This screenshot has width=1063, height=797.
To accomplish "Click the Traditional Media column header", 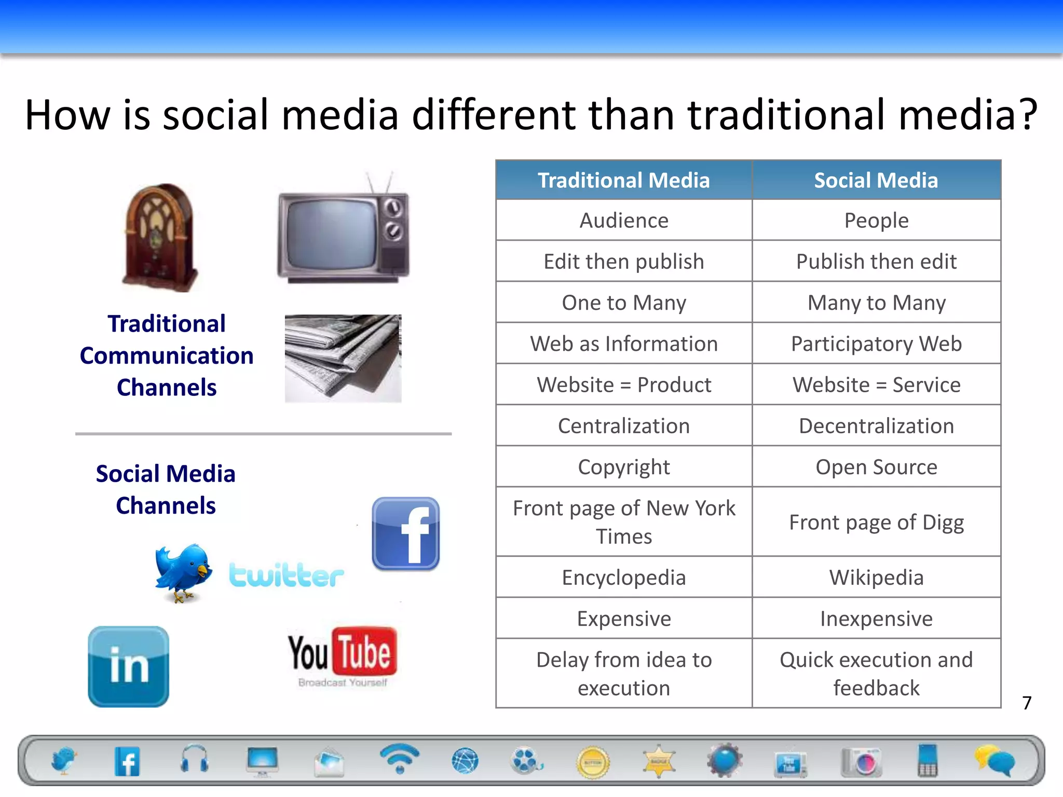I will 623,180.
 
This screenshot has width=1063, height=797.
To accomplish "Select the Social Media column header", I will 876,180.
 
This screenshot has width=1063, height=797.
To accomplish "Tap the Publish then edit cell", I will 876,262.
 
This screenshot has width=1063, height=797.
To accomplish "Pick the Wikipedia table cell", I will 876,578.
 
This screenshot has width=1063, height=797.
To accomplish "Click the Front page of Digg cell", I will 876,523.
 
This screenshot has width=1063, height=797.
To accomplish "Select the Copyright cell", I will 623,467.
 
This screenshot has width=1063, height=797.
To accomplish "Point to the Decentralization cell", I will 876,426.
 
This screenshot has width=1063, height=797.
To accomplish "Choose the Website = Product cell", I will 623,385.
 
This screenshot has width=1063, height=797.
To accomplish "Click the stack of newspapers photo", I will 343,358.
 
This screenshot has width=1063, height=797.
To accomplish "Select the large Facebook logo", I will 406,534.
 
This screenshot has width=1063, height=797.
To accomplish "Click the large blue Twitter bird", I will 183,572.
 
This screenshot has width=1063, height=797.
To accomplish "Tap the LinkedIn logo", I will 129,666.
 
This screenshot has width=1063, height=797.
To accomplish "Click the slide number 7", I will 1027,703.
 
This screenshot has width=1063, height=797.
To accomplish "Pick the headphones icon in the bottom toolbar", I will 195,760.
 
